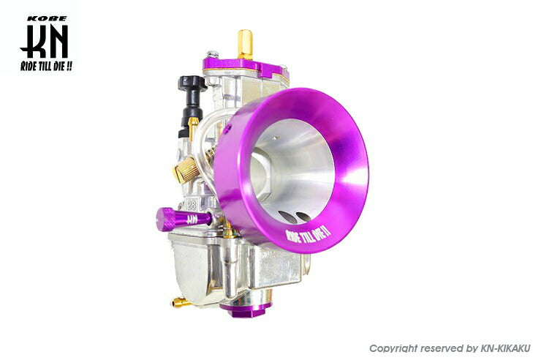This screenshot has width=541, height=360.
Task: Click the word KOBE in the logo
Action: click(47, 18)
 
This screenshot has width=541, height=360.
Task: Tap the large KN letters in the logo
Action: click(44, 42)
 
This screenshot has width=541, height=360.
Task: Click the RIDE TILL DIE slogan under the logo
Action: click(46, 66)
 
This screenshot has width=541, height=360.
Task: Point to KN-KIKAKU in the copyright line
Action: click(505, 348)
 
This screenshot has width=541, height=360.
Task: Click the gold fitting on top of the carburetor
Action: click(245, 44)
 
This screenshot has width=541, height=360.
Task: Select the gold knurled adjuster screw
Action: click(185, 169)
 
